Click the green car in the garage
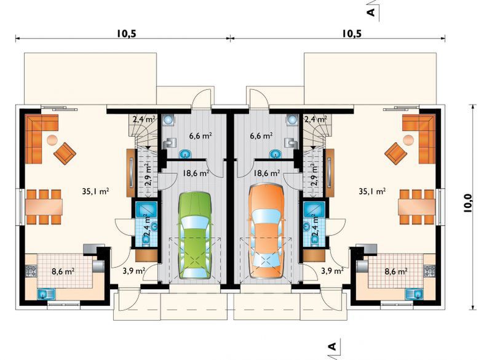click(x=194, y=235)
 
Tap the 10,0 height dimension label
click(x=468, y=203)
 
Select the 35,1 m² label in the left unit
click(x=96, y=191)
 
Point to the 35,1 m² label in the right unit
click(x=372, y=191)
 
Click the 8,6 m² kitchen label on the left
click(x=63, y=271)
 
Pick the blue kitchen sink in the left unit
click(x=46, y=294)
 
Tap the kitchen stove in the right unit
click(x=429, y=271)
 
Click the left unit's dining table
click(x=44, y=207)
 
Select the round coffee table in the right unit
click(x=408, y=140)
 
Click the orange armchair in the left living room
click(x=65, y=153)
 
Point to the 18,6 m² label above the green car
click(x=196, y=173)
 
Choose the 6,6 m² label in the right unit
click(x=261, y=136)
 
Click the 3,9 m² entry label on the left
click(x=133, y=271)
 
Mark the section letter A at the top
click(x=371, y=12)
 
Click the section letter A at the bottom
click(x=331, y=346)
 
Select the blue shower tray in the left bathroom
click(x=146, y=209)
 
